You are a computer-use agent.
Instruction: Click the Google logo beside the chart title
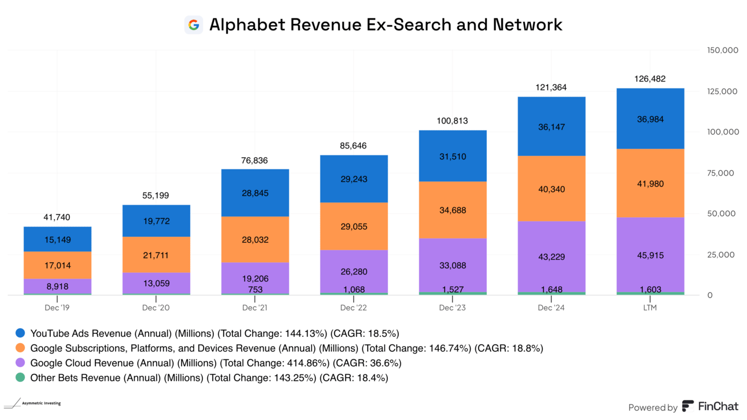(194, 25)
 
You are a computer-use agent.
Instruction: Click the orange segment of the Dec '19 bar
(57, 265)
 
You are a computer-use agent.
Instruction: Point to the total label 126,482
(650, 79)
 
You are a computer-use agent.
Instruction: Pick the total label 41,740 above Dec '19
(57, 217)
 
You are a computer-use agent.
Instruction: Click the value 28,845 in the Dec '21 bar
(255, 193)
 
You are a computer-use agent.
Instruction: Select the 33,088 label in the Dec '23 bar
(453, 266)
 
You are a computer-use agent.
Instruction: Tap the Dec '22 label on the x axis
(354, 308)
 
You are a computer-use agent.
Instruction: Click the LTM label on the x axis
(650, 308)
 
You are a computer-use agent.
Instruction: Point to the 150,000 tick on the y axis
(723, 50)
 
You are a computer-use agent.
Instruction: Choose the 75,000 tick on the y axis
(723, 173)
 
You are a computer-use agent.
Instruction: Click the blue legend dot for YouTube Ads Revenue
(21, 333)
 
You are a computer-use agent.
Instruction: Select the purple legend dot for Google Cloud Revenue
(21, 363)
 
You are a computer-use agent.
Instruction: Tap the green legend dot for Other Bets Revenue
(21, 378)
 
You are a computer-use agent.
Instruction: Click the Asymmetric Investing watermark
(36, 403)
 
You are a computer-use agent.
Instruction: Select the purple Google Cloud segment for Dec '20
(156, 283)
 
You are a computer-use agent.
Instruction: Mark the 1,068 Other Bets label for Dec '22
(354, 289)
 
